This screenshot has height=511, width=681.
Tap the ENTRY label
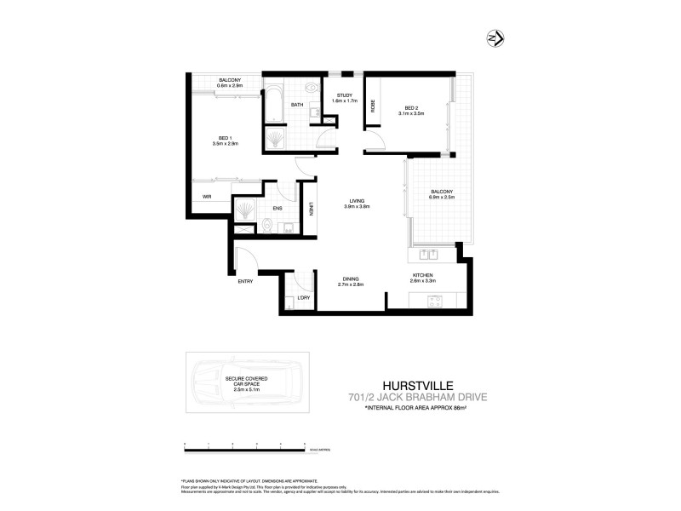pos(245,281)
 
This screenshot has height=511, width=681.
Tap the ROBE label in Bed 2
pos(373,106)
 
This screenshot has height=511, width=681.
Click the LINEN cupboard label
pos(312,208)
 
